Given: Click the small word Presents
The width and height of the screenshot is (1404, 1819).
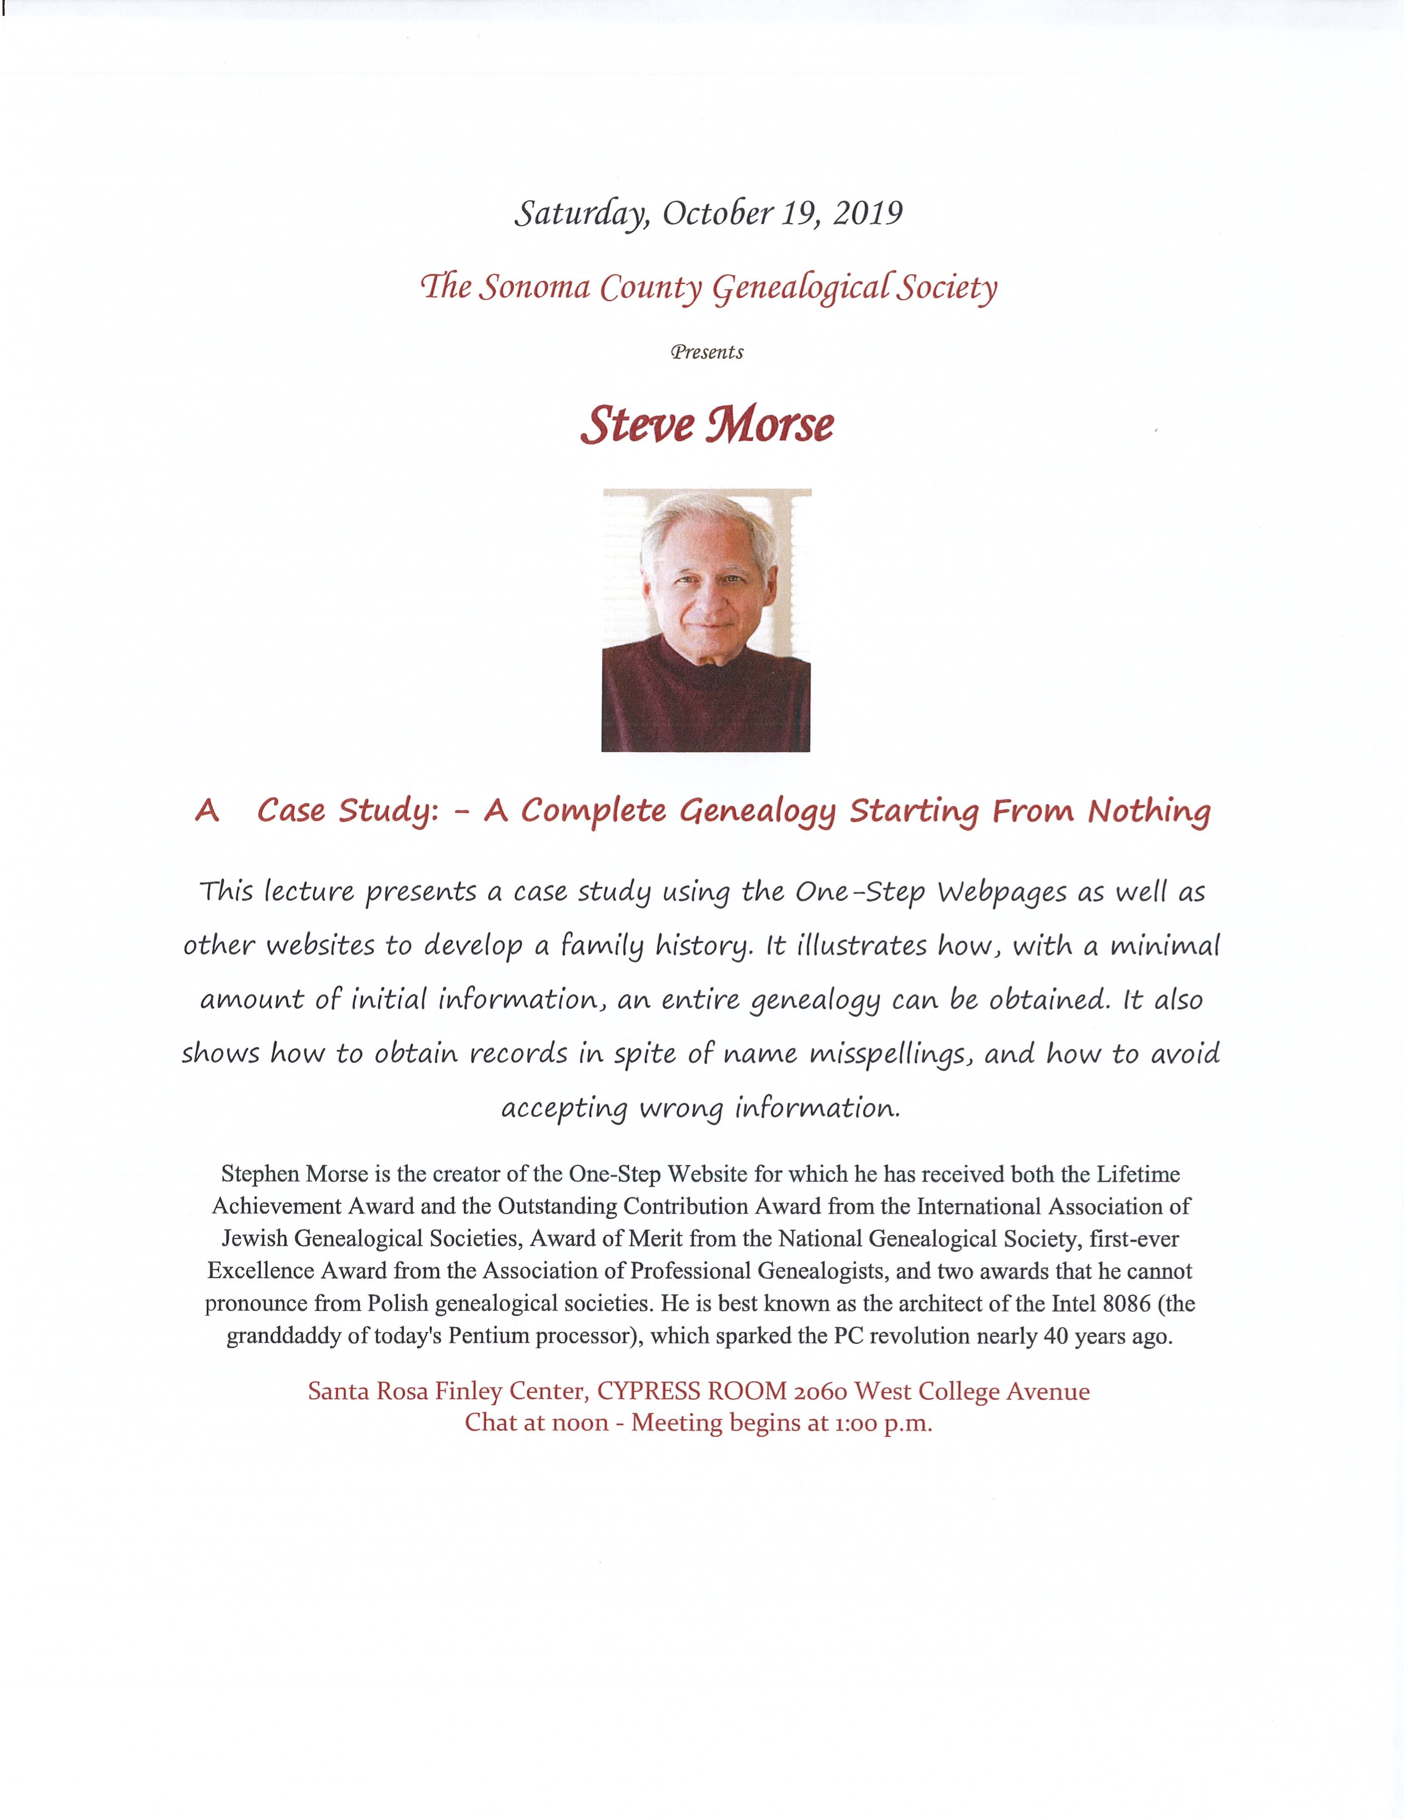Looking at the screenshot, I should pos(707,352).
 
